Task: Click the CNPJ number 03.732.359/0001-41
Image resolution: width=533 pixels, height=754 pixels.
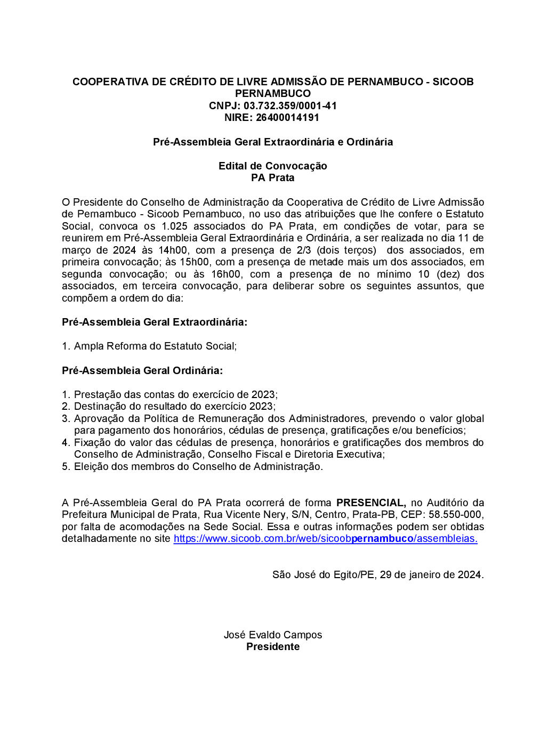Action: [290, 106]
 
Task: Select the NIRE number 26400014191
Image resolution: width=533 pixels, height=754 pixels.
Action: [287, 117]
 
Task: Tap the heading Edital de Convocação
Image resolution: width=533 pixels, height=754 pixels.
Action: [272, 166]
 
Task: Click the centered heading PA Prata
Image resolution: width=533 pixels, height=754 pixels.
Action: [272, 177]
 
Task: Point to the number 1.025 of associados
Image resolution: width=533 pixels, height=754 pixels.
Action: [174, 226]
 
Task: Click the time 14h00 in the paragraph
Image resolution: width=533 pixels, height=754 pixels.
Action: [173, 250]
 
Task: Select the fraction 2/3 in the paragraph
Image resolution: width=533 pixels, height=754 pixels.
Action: [304, 250]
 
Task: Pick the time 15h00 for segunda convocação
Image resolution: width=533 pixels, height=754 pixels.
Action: [195, 262]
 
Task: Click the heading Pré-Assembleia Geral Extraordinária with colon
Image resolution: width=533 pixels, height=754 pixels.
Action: [155, 322]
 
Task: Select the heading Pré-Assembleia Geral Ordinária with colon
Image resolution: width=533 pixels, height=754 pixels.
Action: [142, 370]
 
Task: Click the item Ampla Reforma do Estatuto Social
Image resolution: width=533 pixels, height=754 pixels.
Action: [155, 346]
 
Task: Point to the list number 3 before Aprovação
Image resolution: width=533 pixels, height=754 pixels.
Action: [66, 418]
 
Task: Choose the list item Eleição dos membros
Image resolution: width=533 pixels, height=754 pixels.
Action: [198, 466]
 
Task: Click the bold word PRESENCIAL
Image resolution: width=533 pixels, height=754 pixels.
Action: [371, 502]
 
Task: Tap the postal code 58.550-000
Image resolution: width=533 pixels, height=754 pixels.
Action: [455, 514]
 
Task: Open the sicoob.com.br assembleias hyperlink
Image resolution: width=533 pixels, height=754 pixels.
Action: [325, 538]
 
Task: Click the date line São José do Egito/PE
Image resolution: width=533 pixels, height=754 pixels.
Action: [378, 574]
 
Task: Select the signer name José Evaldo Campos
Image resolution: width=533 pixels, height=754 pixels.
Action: [272, 635]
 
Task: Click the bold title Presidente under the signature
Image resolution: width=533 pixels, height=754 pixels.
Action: [272, 646]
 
